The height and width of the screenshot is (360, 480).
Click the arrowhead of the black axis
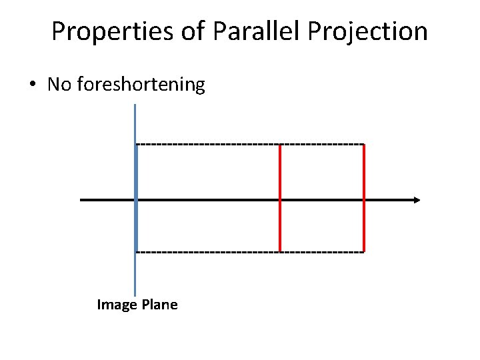[x=417, y=200]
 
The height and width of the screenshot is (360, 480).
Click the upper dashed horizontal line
[x=207, y=144]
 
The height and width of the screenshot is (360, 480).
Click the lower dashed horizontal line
[x=207, y=251]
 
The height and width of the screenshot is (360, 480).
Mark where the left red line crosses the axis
[x=280, y=200]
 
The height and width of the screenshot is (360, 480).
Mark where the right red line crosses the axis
[x=364, y=200]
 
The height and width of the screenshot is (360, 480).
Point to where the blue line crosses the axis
[x=135, y=200]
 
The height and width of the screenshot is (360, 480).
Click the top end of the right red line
[x=364, y=145]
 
